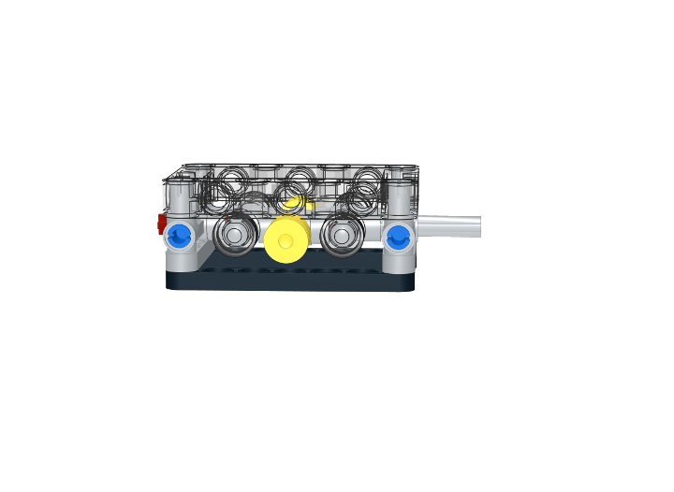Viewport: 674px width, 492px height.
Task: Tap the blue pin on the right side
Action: click(x=399, y=237)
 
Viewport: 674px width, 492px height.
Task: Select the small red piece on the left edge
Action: click(x=161, y=223)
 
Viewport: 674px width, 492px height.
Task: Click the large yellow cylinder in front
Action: click(x=287, y=239)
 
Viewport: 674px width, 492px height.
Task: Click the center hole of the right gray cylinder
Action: click(x=341, y=235)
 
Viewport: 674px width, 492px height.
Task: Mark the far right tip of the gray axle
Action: click(x=479, y=225)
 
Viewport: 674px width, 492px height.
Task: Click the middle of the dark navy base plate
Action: click(x=290, y=279)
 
